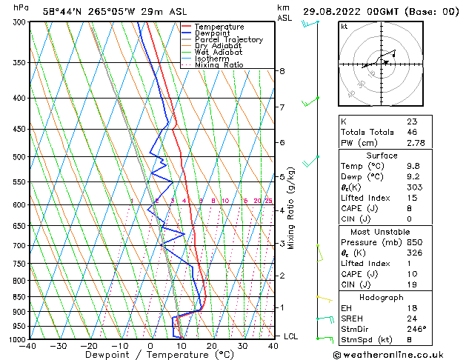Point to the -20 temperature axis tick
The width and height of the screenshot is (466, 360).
pos(89,345)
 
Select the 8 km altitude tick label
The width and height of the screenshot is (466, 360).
pos(282,71)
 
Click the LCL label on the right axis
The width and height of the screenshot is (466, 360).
pos(291,336)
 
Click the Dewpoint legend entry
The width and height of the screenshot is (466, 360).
pos(211,33)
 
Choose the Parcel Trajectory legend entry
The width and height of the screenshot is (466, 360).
pos(228,40)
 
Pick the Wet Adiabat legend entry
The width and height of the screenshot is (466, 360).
pos(218,53)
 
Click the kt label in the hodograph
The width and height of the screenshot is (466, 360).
pos(344,27)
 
